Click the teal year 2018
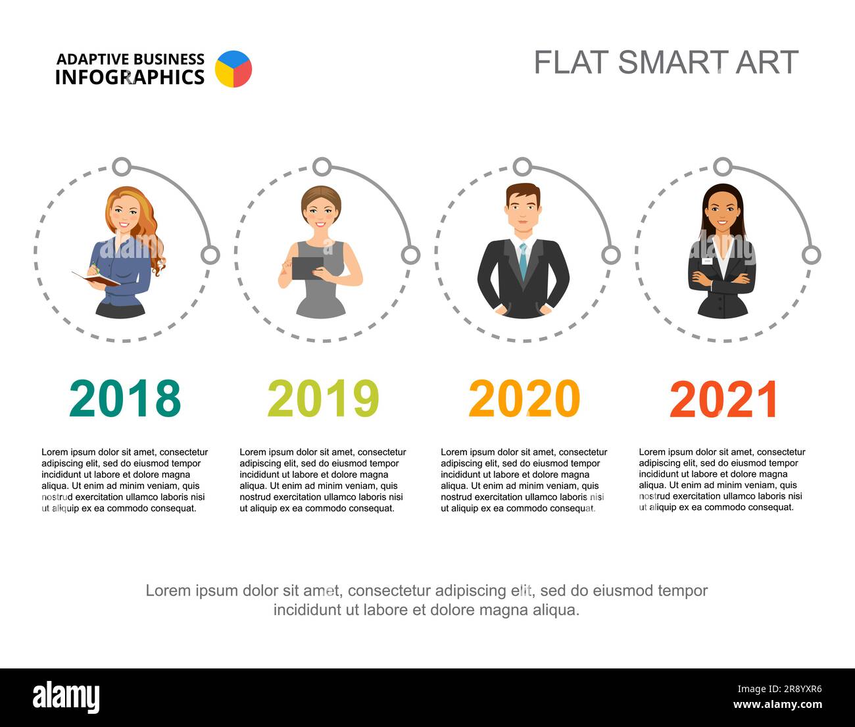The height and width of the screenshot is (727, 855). (124, 399)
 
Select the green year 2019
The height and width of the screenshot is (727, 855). (323, 399)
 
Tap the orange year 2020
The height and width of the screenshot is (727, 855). (524, 399)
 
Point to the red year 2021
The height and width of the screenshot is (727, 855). (723, 399)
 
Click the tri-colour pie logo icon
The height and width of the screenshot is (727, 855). (233, 69)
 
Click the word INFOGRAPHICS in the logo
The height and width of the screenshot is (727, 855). (130, 78)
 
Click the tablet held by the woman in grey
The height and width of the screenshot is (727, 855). (308, 268)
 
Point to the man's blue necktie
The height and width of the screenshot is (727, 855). (523, 260)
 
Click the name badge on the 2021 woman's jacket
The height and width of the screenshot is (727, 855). (706, 261)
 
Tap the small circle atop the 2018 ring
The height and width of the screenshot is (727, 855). (122, 166)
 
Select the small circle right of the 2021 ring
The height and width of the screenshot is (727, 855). (812, 255)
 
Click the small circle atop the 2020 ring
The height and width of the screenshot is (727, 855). (522, 166)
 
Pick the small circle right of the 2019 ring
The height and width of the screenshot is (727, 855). (410, 255)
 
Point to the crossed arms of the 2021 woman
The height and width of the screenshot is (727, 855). (722, 281)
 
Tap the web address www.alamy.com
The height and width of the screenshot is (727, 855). (777, 705)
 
